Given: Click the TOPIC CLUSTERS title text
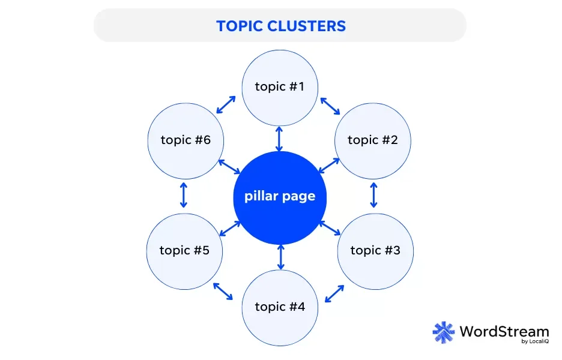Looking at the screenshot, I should coord(280,26).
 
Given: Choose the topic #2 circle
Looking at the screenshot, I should coord(373,140).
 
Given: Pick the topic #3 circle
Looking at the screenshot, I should coord(375,250).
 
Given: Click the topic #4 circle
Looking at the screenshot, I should coord(280,307).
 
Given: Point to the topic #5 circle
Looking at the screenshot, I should coord(185,250).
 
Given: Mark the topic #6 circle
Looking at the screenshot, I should coord(185,140).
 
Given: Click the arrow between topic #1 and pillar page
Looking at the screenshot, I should coord(279,138).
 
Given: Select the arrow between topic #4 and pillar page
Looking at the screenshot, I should coord(280,256).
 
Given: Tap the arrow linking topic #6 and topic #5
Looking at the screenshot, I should coord(184,195).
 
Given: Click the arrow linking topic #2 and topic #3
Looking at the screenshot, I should coord(373,195).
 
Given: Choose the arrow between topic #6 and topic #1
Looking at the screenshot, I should coord(226,104).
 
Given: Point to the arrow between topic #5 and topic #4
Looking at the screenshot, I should coord(223,292).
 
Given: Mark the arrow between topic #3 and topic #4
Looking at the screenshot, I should coord(334,293).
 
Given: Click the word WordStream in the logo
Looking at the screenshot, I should coord(504,331).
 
